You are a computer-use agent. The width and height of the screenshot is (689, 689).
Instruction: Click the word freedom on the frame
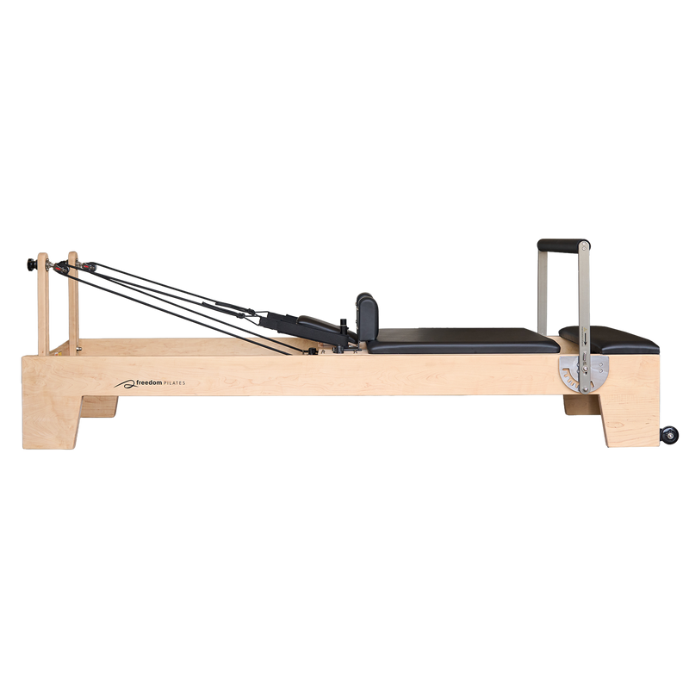[x=149, y=382]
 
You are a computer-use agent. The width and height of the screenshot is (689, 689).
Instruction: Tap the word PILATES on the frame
[x=175, y=383]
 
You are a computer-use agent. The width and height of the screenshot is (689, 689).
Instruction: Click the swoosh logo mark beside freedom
[x=125, y=384]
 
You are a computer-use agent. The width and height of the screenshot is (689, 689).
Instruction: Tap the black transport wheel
[x=669, y=435]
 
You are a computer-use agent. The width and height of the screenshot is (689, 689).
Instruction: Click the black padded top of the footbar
[x=563, y=245]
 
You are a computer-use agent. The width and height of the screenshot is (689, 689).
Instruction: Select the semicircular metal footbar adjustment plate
[x=584, y=374]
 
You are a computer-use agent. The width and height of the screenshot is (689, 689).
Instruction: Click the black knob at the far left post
[x=32, y=264]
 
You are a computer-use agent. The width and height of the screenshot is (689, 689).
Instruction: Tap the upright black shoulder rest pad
[x=368, y=317]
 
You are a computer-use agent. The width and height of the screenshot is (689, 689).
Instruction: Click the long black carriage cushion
[x=463, y=340]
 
